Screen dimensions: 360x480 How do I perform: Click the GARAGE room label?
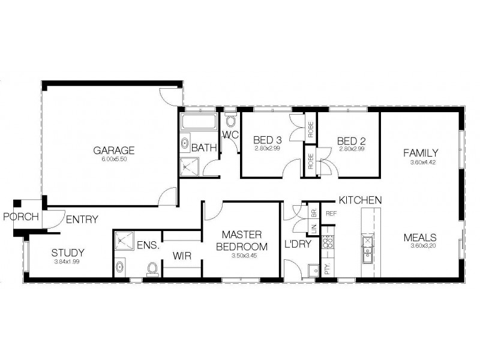pos(113,150)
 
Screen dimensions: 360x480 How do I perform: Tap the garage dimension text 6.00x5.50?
pos(113,160)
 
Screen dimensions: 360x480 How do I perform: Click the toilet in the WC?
pos(230,119)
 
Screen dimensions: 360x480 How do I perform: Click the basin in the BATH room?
pos(185,145)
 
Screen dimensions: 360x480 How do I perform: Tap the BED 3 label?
pos(267,140)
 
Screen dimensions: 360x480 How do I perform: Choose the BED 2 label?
pos(352,140)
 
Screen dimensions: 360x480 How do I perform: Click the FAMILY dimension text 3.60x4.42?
pos(420,162)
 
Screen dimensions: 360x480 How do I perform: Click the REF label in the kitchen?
pos(330,213)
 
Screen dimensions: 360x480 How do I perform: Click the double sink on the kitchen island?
pos(367,250)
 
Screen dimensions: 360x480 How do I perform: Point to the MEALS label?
pos(419,236)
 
